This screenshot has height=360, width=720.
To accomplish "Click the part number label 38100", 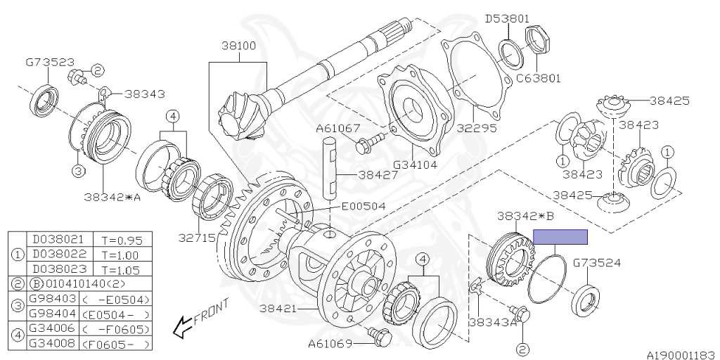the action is (239, 46).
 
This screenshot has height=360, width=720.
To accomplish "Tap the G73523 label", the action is (49, 63).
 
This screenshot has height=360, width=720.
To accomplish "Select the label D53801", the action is (508, 19).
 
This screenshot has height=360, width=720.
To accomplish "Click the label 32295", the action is (477, 128).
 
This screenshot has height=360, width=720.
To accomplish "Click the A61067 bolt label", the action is (338, 129).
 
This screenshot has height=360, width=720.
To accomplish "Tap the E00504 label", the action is (364, 207).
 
